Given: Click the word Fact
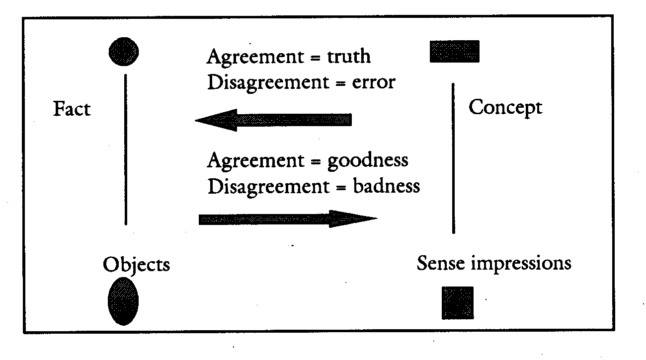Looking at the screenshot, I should (x=72, y=109).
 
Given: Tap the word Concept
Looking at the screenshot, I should (x=505, y=107).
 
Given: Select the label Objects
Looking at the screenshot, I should (x=136, y=264).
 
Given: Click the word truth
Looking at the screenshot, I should (x=348, y=57).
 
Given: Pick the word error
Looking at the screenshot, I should (x=373, y=82).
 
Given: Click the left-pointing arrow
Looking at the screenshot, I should (x=273, y=120).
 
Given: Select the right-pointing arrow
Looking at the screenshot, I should (x=287, y=219).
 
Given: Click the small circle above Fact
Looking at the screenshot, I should (x=124, y=50).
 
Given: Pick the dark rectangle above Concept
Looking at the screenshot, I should (x=454, y=52).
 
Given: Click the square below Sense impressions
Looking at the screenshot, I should (x=458, y=302).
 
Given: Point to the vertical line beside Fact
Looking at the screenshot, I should (x=125, y=149).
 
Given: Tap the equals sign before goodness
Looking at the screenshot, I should (x=316, y=161).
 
